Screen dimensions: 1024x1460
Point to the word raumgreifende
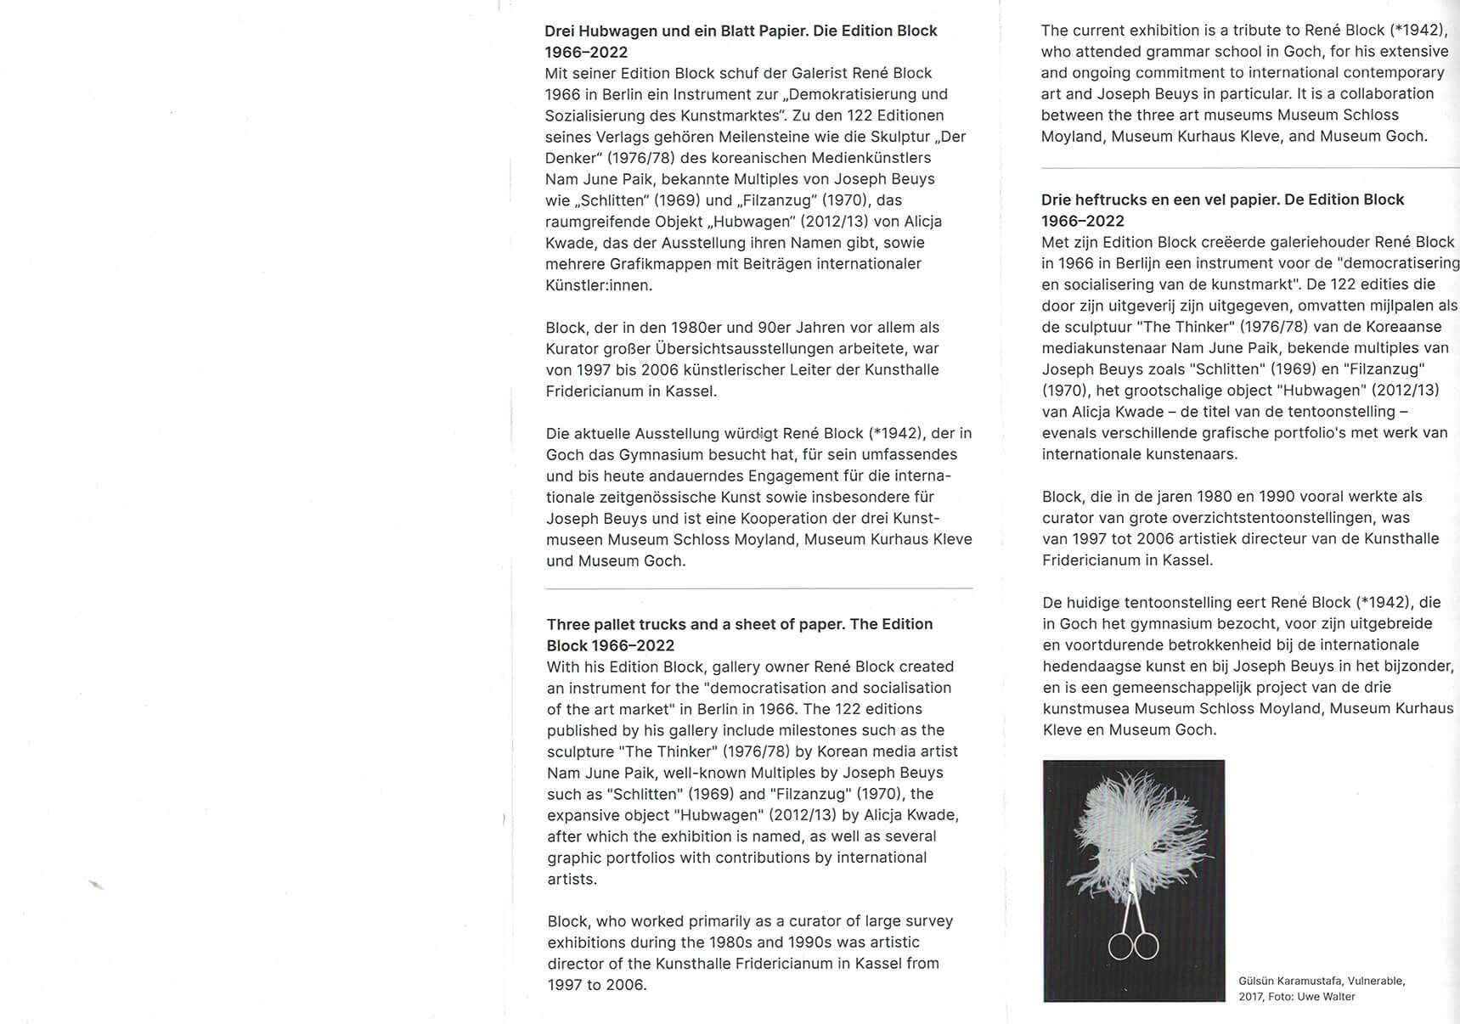594,222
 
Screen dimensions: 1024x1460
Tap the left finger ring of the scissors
1122,945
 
